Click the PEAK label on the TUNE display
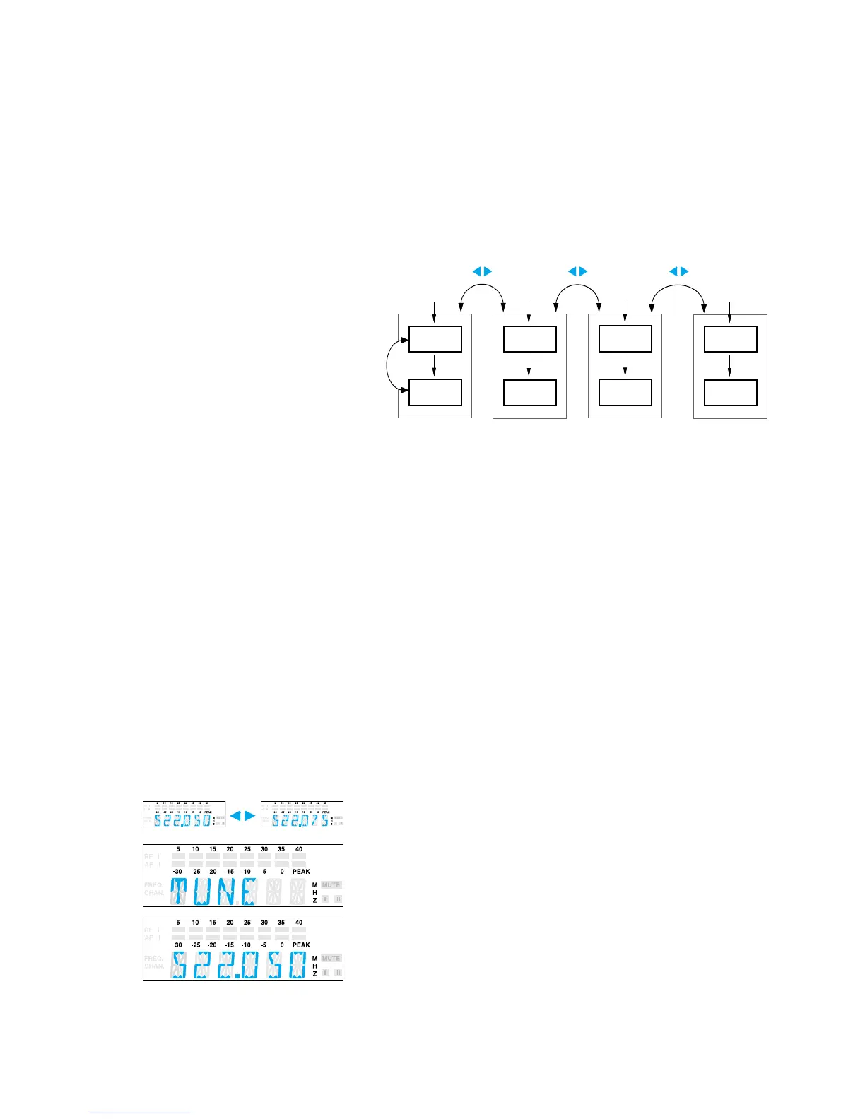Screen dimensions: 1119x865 [301, 872]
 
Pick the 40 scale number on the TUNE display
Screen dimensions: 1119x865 [299, 849]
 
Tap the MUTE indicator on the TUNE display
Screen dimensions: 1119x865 [331, 884]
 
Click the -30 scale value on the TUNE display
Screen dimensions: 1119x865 [177, 872]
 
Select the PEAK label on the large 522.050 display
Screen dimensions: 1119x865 [301, 945]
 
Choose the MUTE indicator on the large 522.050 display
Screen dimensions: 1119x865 [331, 958]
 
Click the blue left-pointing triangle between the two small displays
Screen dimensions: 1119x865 [235, 816]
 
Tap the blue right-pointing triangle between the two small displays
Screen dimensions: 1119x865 [249, 816]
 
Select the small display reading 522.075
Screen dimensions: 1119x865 [302, 814]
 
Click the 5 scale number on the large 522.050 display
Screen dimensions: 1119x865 [178, 923]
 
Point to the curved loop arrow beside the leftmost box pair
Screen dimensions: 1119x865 [389, 365]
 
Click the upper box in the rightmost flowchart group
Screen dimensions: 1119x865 [731, 339]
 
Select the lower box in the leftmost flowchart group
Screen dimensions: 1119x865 [435, 392]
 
